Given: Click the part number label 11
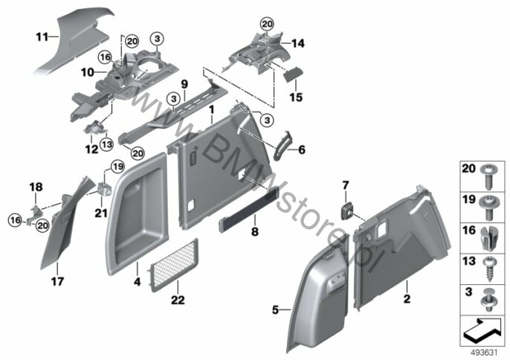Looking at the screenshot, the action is [42, 37].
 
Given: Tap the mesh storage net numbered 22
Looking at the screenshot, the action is [173, 265].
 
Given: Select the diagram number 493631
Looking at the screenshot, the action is [485, 353].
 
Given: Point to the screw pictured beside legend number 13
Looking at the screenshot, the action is [489, 269].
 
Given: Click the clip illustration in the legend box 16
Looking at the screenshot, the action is [488, 238].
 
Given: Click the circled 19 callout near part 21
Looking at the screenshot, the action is [117, 167].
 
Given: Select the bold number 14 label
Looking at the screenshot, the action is [298, 43].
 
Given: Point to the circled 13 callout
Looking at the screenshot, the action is [107, 144].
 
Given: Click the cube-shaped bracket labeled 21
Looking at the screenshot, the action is [105, 189].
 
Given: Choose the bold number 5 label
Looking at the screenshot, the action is [276, 310].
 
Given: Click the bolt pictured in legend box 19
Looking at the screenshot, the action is [488, 207].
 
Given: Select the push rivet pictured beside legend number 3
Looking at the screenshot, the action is [488, 300].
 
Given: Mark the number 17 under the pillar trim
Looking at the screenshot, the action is [57, 281].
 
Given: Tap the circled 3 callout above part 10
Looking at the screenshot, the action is [157, 39].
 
